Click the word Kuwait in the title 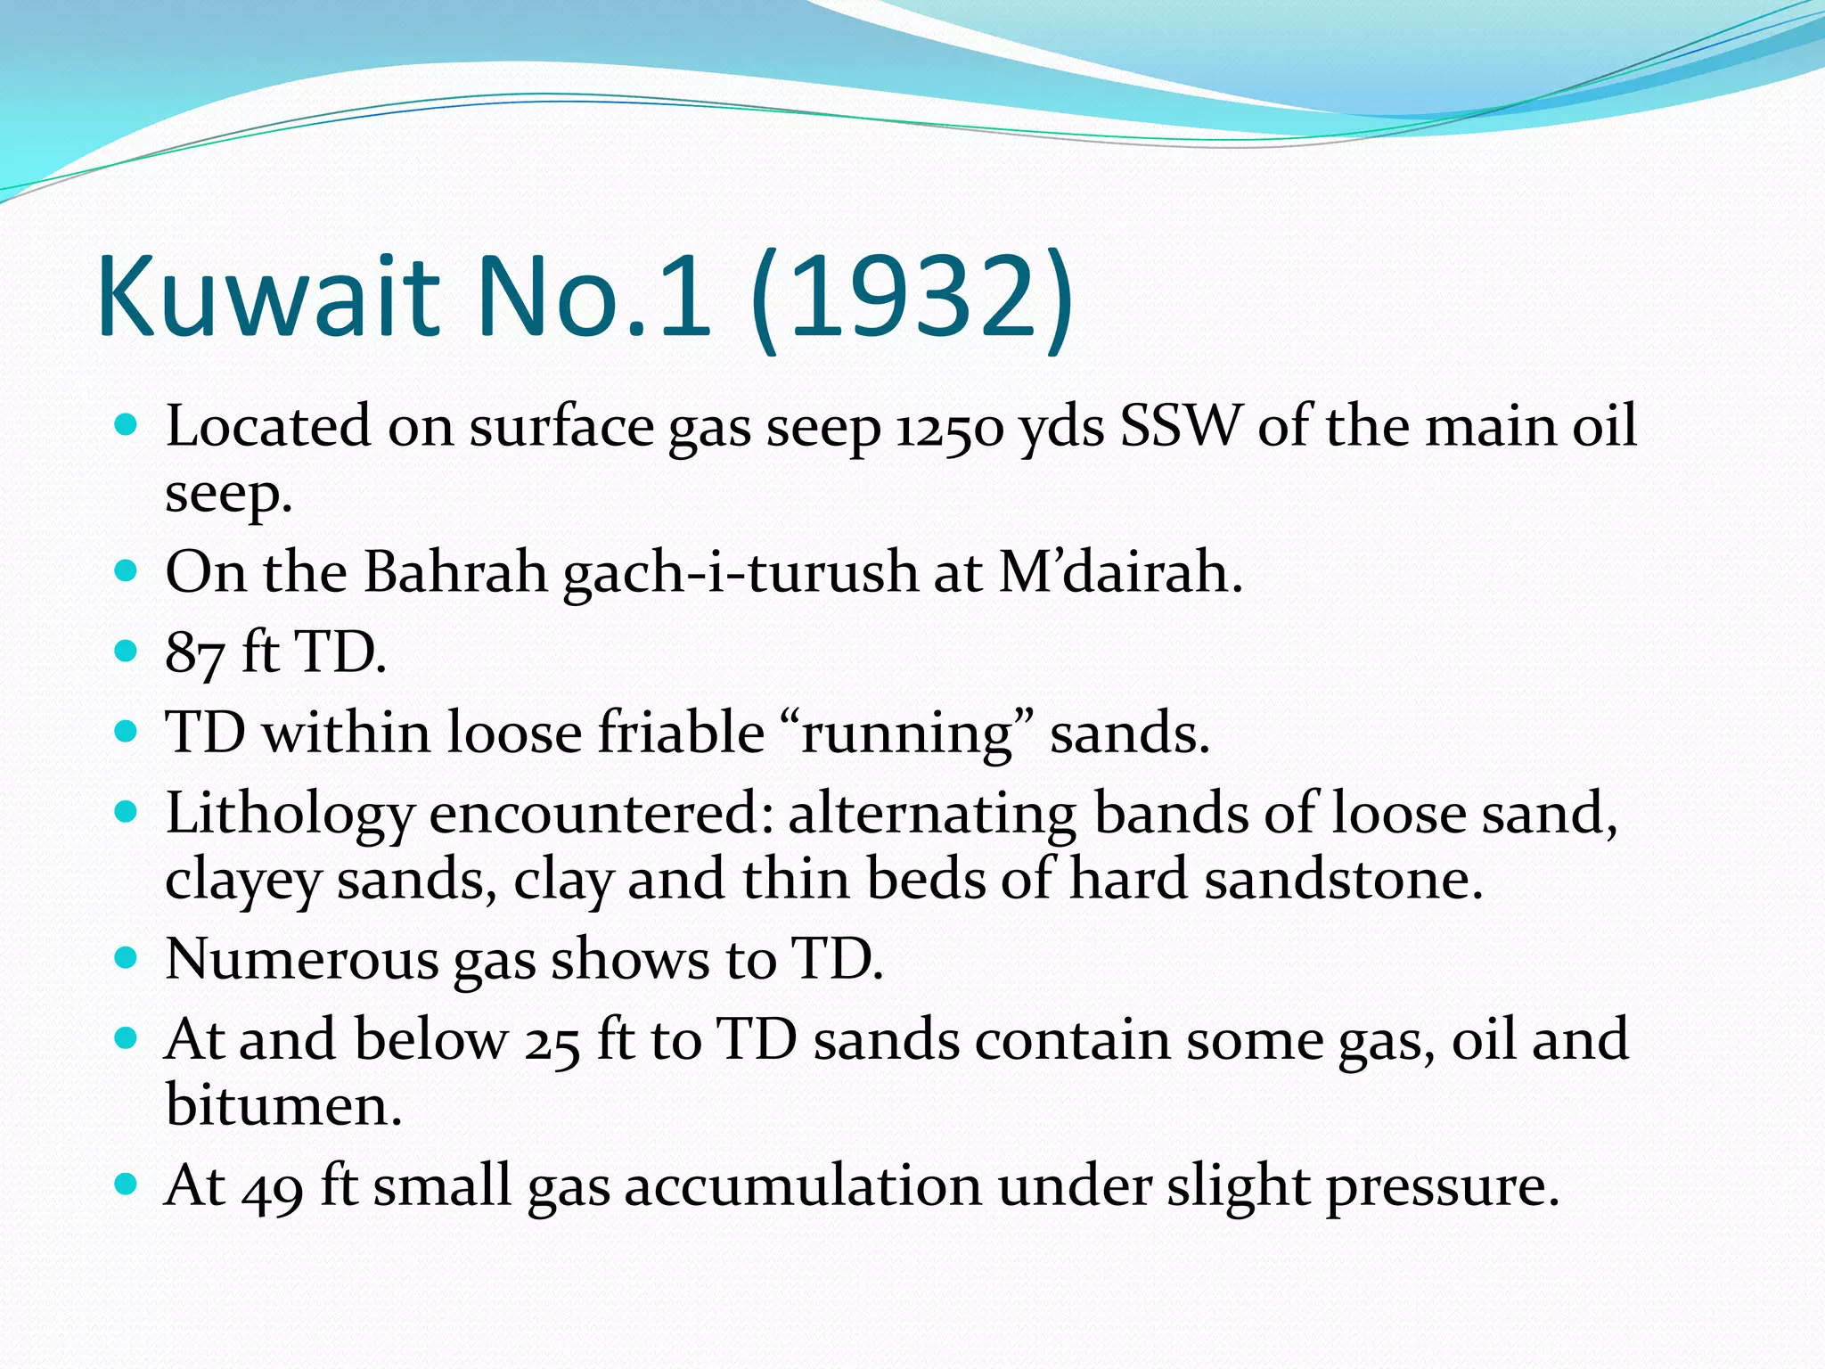click(x=268, y=296)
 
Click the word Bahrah click(x=454, y=571)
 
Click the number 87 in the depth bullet click(x=194, y=653)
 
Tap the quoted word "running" click(x=907, y=734)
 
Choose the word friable click(x=680, y=733)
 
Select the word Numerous click(x=301, y=960)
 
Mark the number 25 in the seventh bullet click(x=552, y=1042)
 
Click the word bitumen click(x=283, y=1106)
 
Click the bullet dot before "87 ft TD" click(x=127, y=651)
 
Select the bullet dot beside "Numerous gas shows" click(x=127, y=958)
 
